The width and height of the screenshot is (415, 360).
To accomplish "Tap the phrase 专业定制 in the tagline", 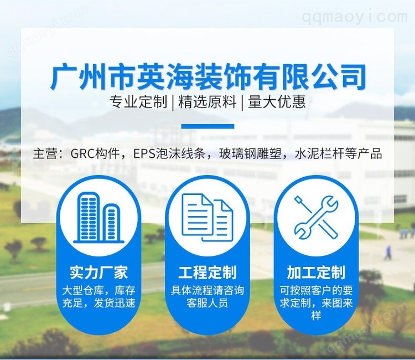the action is [x=138, y=102].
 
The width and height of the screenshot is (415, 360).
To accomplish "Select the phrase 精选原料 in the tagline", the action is [x=207, y=102].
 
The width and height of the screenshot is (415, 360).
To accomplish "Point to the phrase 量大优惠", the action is [x=277, y=102].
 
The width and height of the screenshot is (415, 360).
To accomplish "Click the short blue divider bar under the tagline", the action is [x=207, y=126].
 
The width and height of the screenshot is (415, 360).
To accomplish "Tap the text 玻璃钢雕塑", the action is [x=250, y=153].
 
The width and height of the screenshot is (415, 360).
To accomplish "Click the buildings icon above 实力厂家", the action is [x=98, y=217].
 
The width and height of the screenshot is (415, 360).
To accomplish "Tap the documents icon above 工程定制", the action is [x=207, y=217].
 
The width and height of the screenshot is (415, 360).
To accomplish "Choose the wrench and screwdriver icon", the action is [x=317, y=217].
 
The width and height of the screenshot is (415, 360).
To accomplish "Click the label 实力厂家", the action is [x=98, y=272].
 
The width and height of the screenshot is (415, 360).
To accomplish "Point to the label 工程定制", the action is [x=207, y=272].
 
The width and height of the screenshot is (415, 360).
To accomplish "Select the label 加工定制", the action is [x=317, y=272].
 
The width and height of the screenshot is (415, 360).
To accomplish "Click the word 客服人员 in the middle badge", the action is [x=207, y=303].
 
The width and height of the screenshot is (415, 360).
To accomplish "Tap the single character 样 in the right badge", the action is [x=317, y=316].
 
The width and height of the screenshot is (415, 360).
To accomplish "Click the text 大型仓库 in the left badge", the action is [x=84, y=290].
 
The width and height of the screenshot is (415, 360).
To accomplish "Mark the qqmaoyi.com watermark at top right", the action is [x=355, y=17].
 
